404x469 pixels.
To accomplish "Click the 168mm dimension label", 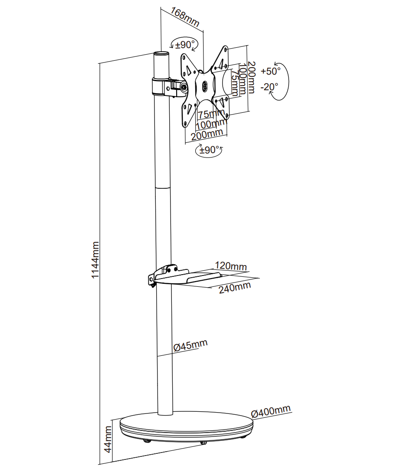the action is (185, 17).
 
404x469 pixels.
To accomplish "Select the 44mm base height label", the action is (108, 439).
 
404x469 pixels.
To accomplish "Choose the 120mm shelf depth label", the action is (231, 266).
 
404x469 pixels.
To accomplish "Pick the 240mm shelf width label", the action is (235, 288).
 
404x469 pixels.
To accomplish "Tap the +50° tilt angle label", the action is (270, 71).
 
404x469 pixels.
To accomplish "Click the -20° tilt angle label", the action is (269, 87).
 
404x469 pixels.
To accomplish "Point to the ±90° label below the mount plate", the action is (210, 150).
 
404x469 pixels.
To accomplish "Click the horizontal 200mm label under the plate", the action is (207, 134).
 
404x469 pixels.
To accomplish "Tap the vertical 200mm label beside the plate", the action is (251, 78).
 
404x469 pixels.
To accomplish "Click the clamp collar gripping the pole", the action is (161, 87).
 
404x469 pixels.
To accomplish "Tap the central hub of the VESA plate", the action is (205, 85).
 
